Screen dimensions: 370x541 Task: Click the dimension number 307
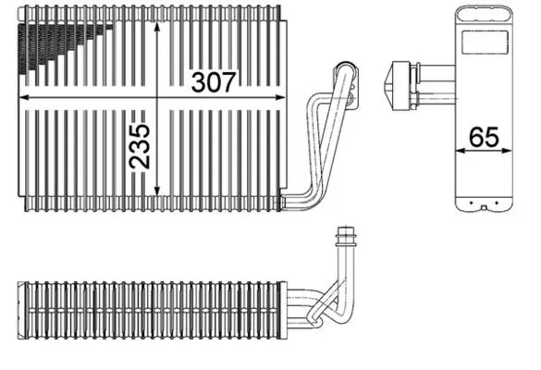click(215, 81)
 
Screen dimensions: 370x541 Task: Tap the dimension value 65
click(484, 136)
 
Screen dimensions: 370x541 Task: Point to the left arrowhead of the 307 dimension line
click(22, 95)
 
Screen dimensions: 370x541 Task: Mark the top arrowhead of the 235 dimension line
click(160, 23)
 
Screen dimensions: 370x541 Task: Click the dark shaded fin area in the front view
click(55, 42)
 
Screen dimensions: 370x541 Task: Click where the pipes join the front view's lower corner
click(296, 194)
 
